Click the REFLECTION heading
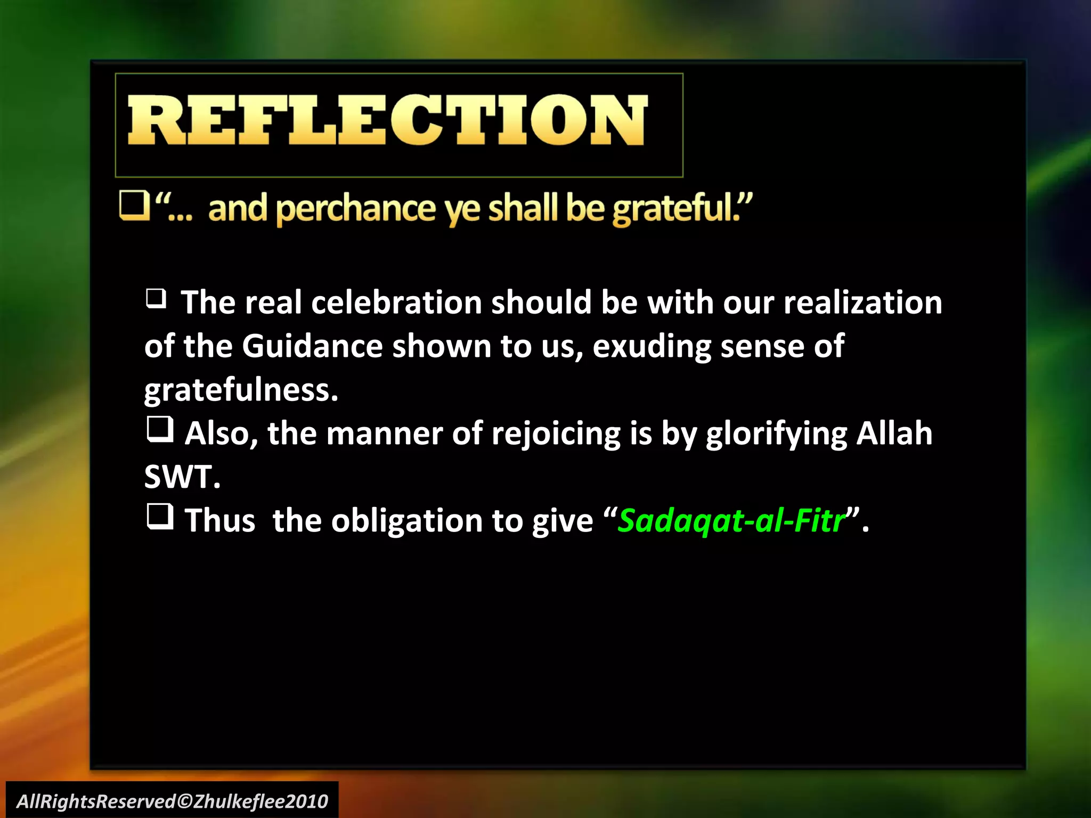coord(387,120)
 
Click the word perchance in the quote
coord(356,209)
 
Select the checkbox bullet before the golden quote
coord(134,207)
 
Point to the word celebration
coord(396,302)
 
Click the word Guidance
coord(312,346)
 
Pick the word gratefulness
coord(241,390)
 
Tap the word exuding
coord(651,347)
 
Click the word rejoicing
coord(556,433)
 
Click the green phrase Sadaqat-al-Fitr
coord(731,520)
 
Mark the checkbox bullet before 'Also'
coord(160,429)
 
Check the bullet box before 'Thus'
coord(160,517)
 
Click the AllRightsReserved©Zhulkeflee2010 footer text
coord(172,801)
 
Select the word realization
coord(862,302)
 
